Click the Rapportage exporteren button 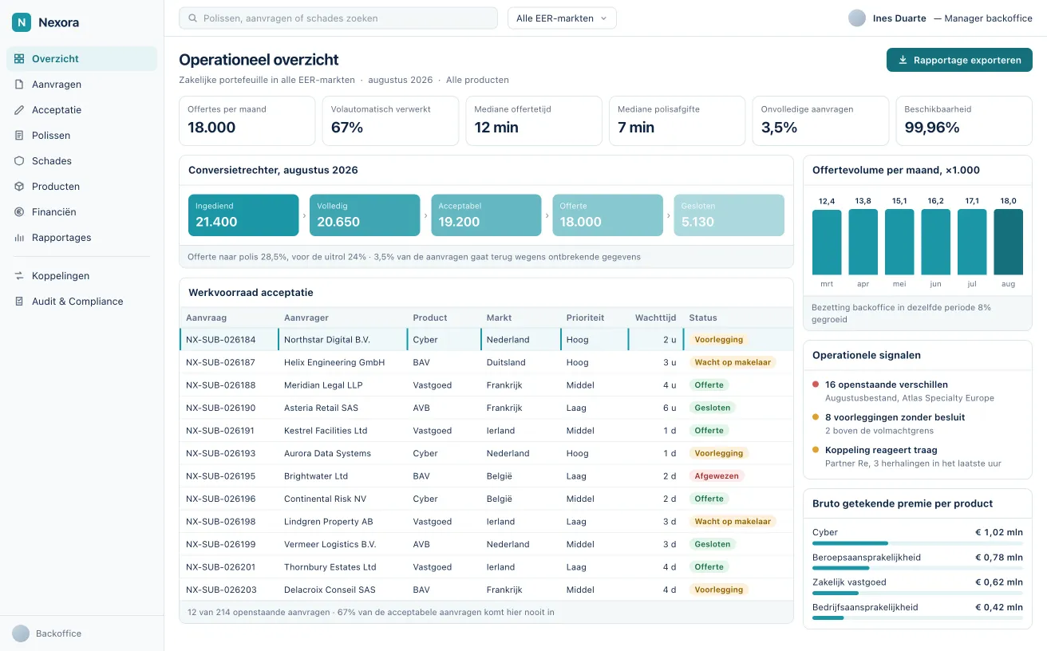pyautogui.click(x=959, y=60)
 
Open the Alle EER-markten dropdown pyautogui.click(x=562, y=18)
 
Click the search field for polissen pyautogui.click(x=338, y=18)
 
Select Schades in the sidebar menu pyautogui.click(x=51, y=161)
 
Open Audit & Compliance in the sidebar pyautogui.click(x=77, y=301)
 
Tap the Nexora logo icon pyautogui.click(x=22, y=22)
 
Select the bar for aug pyautogui.click(x=1008, y=242)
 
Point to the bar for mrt pyautogui.click(x=827, y=242)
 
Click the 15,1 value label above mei pyautogui.click(x=899, y=201)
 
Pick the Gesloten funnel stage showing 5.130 pyautogui.click(x=729, y=215)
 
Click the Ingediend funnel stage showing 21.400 pyautogui.click(x=243, y=215)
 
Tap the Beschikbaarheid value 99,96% pyautogui.click(x=931, y=127)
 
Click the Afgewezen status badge pyautogui.click(x=717, y=475)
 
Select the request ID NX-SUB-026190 pyautogui.click(x=220, y=408)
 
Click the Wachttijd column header pyautogui.click(x=655, y=318)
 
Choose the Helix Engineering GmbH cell pyautogui.click(x=334, y=362)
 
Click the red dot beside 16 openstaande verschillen pyautogui.click(x=816, y=385)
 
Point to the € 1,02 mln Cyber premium pyautogui.click(x=999, y=532)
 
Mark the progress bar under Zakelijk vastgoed pyautogui.click(x=918, y=593)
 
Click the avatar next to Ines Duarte pyautogui.click(x=857, y=18)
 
